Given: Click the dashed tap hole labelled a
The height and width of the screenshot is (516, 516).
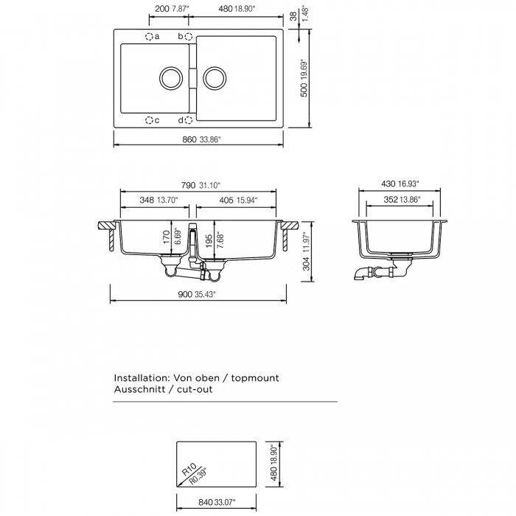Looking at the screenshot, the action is (x=149, y=36).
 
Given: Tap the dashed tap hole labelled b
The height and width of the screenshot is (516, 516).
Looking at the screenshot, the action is (x=189, y=36).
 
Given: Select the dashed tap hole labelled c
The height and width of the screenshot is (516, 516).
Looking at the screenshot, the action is (x=149, y=120).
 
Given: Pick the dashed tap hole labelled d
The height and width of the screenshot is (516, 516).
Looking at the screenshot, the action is (x=189, y=120).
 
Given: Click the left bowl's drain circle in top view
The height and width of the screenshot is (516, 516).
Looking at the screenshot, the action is (x=171, y=79).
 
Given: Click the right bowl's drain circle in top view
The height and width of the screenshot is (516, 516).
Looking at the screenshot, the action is (x=215, y=79).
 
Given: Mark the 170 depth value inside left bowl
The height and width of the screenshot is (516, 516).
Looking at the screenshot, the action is (x=167, y=237).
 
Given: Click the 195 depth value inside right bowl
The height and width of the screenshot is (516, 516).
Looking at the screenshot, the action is (x=209, y=241).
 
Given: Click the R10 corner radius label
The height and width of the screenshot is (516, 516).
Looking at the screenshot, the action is (x=189, y=470).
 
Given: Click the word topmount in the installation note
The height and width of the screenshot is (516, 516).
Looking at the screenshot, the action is (x=255, y=377).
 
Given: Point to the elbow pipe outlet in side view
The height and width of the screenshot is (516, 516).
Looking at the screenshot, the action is (x=361, y=273).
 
